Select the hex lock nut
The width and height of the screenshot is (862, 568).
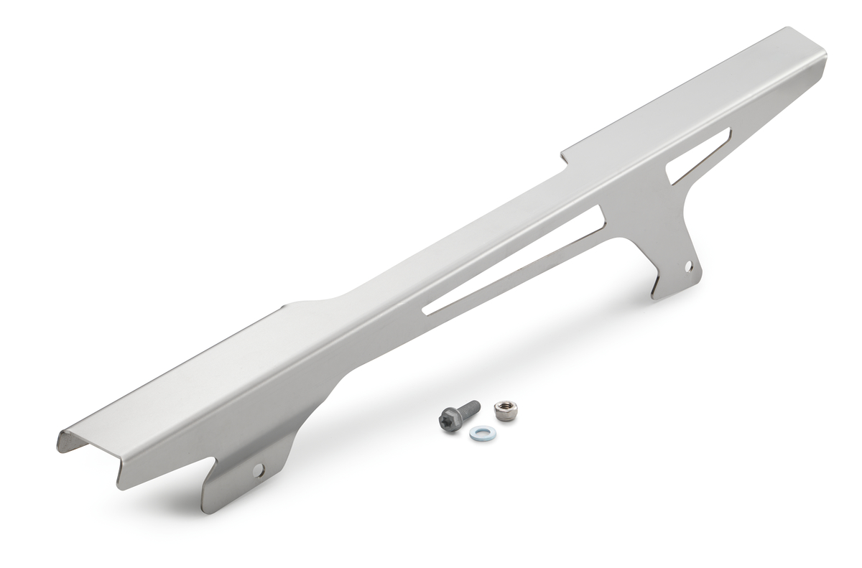[x=501, y=411]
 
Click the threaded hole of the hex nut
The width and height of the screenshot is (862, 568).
[x=501, y=408]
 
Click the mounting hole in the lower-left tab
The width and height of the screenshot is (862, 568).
[x=259, y=470]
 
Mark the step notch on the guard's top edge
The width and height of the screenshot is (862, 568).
[x=564, y=155]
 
